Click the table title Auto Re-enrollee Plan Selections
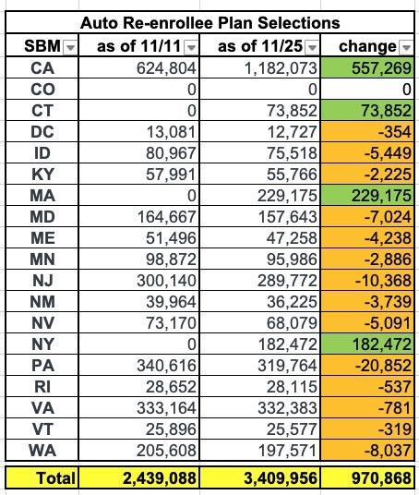pos(209,23)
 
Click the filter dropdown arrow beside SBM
pos(70,48)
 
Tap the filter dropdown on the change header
pos(406,48)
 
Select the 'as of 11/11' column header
pos(138,46)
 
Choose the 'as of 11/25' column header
pos(260,46)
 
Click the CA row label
pos(42,68)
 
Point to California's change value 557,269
pos(381,68)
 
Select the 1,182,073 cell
pos(281,68)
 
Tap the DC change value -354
pos(395,132)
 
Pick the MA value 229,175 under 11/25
pos(287,196)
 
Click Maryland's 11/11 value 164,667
pos(167,216)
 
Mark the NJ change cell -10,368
pos(383,281)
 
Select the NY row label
pos(42,344)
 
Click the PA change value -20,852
pos(383,366)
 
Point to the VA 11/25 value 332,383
pos(287,408)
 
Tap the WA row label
pos(42,450)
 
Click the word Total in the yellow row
pos(56,477)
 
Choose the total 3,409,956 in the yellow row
pos(281,477)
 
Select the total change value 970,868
pos(381,477)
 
